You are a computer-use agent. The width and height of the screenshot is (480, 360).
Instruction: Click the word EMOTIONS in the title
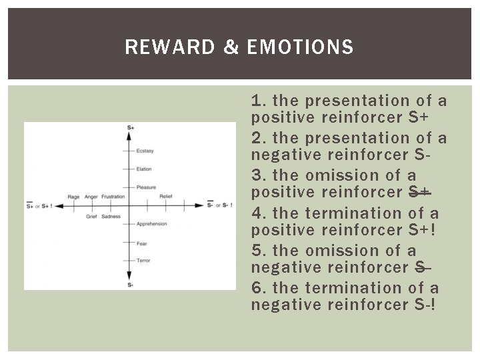(300, 47)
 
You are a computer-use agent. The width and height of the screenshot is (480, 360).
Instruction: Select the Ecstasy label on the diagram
(145, 151)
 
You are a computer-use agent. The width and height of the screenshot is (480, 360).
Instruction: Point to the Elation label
(144, 169)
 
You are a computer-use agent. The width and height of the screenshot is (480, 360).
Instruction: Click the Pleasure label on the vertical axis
(146, 187)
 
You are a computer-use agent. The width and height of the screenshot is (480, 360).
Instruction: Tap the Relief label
(166, 197)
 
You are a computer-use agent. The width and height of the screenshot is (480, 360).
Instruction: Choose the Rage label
(74, 197)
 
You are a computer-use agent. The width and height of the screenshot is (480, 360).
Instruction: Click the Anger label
(91, 197)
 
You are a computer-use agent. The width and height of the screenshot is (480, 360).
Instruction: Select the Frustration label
(113, 197)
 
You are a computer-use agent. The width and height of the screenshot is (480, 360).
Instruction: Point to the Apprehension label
(151, 224)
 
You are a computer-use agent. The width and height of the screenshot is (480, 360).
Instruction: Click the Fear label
(142, 243)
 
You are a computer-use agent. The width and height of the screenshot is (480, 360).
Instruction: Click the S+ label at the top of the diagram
(130, 127)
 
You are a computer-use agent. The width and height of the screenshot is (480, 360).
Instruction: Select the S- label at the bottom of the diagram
(130, 285)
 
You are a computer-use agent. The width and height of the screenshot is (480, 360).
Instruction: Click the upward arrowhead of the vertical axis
(129, 135)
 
